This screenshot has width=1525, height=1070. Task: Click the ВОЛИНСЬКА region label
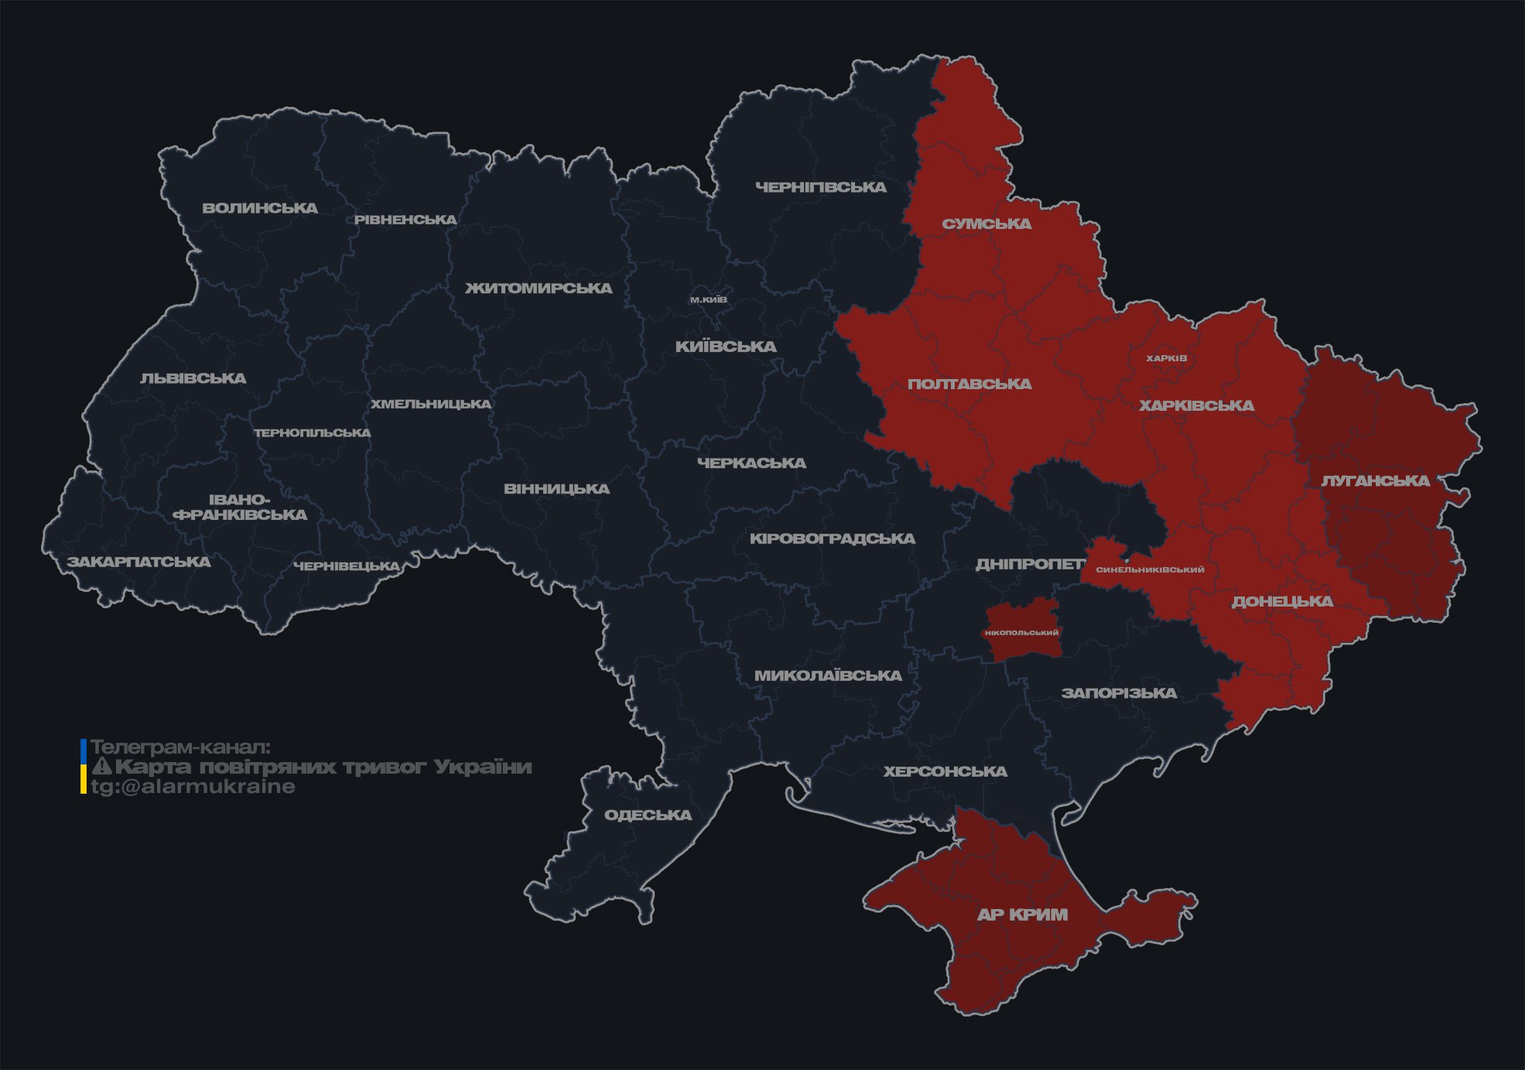coord(260,208)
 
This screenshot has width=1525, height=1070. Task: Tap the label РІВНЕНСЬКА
coord(405,220)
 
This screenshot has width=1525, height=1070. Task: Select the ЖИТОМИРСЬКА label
coord(539,289)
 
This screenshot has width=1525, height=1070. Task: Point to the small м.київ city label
coord(708,299)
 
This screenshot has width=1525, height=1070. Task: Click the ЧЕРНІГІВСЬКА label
coord(820,187)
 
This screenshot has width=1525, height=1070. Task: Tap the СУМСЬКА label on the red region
coord(986,224)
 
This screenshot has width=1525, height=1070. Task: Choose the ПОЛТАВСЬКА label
coord(969,385)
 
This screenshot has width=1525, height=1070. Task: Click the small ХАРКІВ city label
coord(1166,358)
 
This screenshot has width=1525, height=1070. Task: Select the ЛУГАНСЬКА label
coord(1375,481)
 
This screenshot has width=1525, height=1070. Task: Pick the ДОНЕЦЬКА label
coord(1282,602)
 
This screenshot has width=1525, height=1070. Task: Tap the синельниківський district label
coord(1150,570)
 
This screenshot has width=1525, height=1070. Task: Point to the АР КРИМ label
coord(1022,915)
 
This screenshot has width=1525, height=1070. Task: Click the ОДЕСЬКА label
coord(648,815)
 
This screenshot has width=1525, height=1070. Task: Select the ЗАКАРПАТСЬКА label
coord(138,562)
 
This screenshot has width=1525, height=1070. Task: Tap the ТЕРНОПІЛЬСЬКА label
coord(313,433)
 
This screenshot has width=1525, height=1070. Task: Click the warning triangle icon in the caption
coord(101,767)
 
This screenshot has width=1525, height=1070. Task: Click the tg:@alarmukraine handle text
coord(193,787)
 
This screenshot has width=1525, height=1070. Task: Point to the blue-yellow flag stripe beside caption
coord(84,767)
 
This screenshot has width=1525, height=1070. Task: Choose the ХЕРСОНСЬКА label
coord(945,772)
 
